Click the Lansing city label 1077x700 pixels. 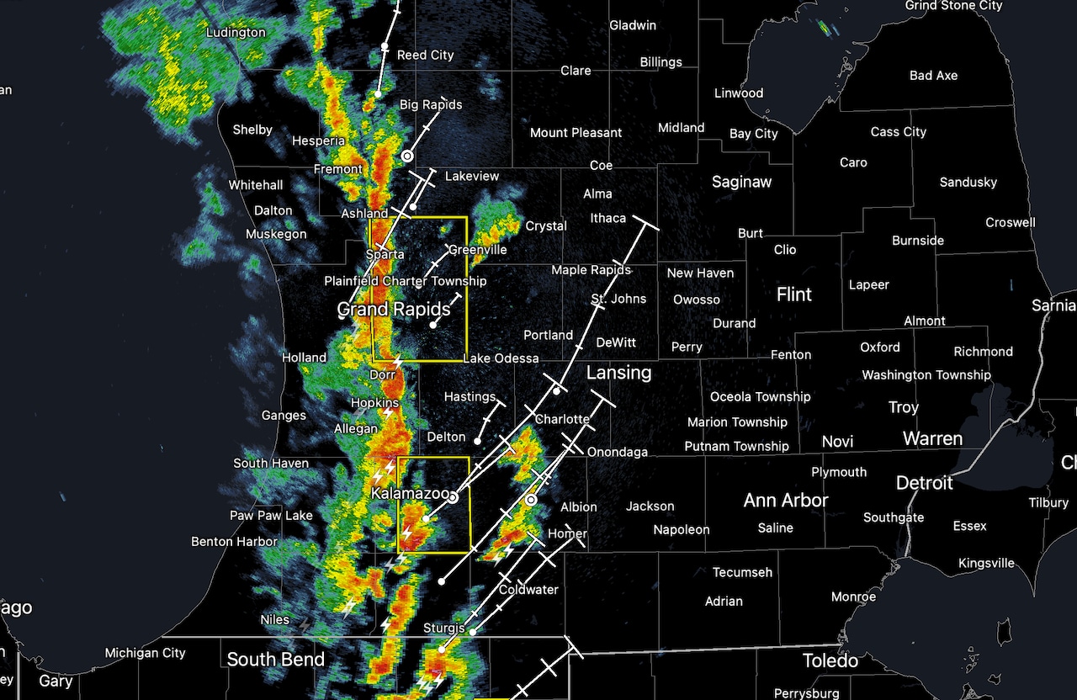coord(618,372)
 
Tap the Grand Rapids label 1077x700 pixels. coord(394,309)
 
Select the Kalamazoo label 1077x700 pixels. coord(409,492)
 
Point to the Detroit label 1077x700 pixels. coord(924,483)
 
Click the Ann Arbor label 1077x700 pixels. coord(786,500)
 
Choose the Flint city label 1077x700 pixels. coord(793,294)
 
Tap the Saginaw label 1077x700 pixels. coord(741,181)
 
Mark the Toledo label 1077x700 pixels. coord(830,660)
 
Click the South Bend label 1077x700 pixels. coord(275,659)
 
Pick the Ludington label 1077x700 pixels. coord(236,33)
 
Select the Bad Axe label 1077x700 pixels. coord(933,76)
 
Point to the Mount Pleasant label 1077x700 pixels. coord(576,133)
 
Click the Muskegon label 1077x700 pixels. coord(276,234)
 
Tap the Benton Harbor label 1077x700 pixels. coord(235,542)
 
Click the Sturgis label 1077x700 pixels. coord(444,628)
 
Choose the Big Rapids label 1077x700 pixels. coord(431,105)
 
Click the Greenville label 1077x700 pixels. coord(477,250)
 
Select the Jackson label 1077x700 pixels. coord(650,506)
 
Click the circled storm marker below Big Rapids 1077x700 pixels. coord(407,156)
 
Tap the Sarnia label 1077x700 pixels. coord(1053,305)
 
